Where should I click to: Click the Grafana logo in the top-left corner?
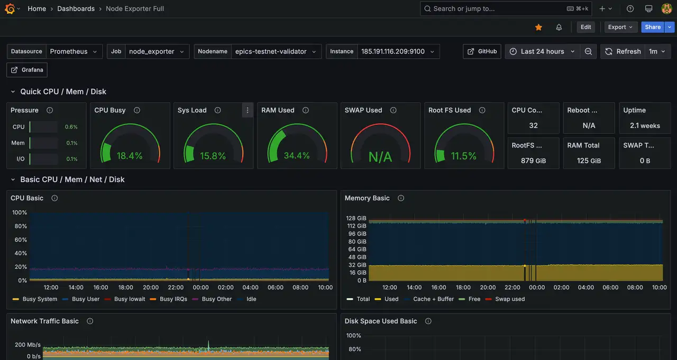tap(10, 8)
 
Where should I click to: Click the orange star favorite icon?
tap(538, 27)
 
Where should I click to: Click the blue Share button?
tap(653, 27)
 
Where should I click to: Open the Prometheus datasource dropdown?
tap(74, 51)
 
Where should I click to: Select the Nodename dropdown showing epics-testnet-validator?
tap(276, 51)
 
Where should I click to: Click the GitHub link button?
tap(482, 51)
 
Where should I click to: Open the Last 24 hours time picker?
tap(542, 51)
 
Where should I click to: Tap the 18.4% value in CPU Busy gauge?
tap(130, 156)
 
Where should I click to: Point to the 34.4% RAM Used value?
tap(297, 156)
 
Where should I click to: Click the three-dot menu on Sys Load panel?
tap(247, 110)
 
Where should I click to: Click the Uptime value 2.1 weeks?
tap(645, 126)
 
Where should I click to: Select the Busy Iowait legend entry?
tap(130, 299)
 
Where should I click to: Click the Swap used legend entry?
tap(510, 299)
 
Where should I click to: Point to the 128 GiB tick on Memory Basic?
tap(356, 218)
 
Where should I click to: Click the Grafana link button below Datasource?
tap(28, 70)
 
